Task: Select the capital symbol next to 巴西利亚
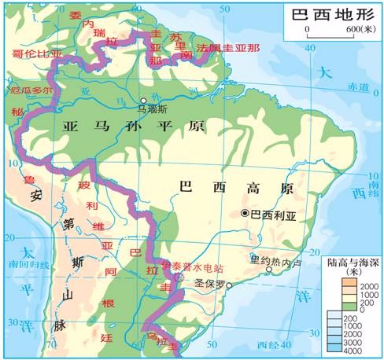(x=245, y=213)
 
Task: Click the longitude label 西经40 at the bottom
(x=270, y=347)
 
